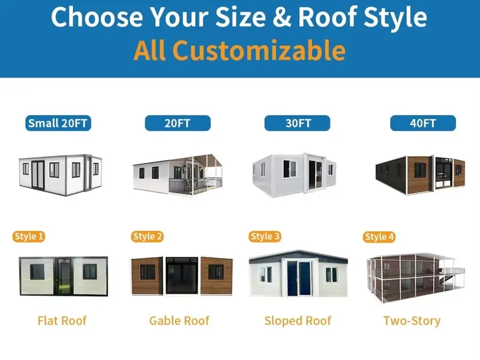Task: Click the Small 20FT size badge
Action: pos(58,123)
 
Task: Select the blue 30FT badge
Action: pos(297,123)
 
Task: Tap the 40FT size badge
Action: pos(423,123)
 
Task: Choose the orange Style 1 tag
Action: pos(29,236)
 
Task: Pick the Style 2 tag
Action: pos(147,236)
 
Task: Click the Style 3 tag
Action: pos(265,236)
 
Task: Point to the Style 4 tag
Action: pos(379,237)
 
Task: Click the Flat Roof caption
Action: pos(62,321)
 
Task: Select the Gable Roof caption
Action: pos(179,321)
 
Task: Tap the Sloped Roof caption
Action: pos(298,321)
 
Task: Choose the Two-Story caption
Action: pos(412,321)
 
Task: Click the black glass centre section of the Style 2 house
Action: pos(182,276)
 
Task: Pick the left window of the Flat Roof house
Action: pos(37,272)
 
